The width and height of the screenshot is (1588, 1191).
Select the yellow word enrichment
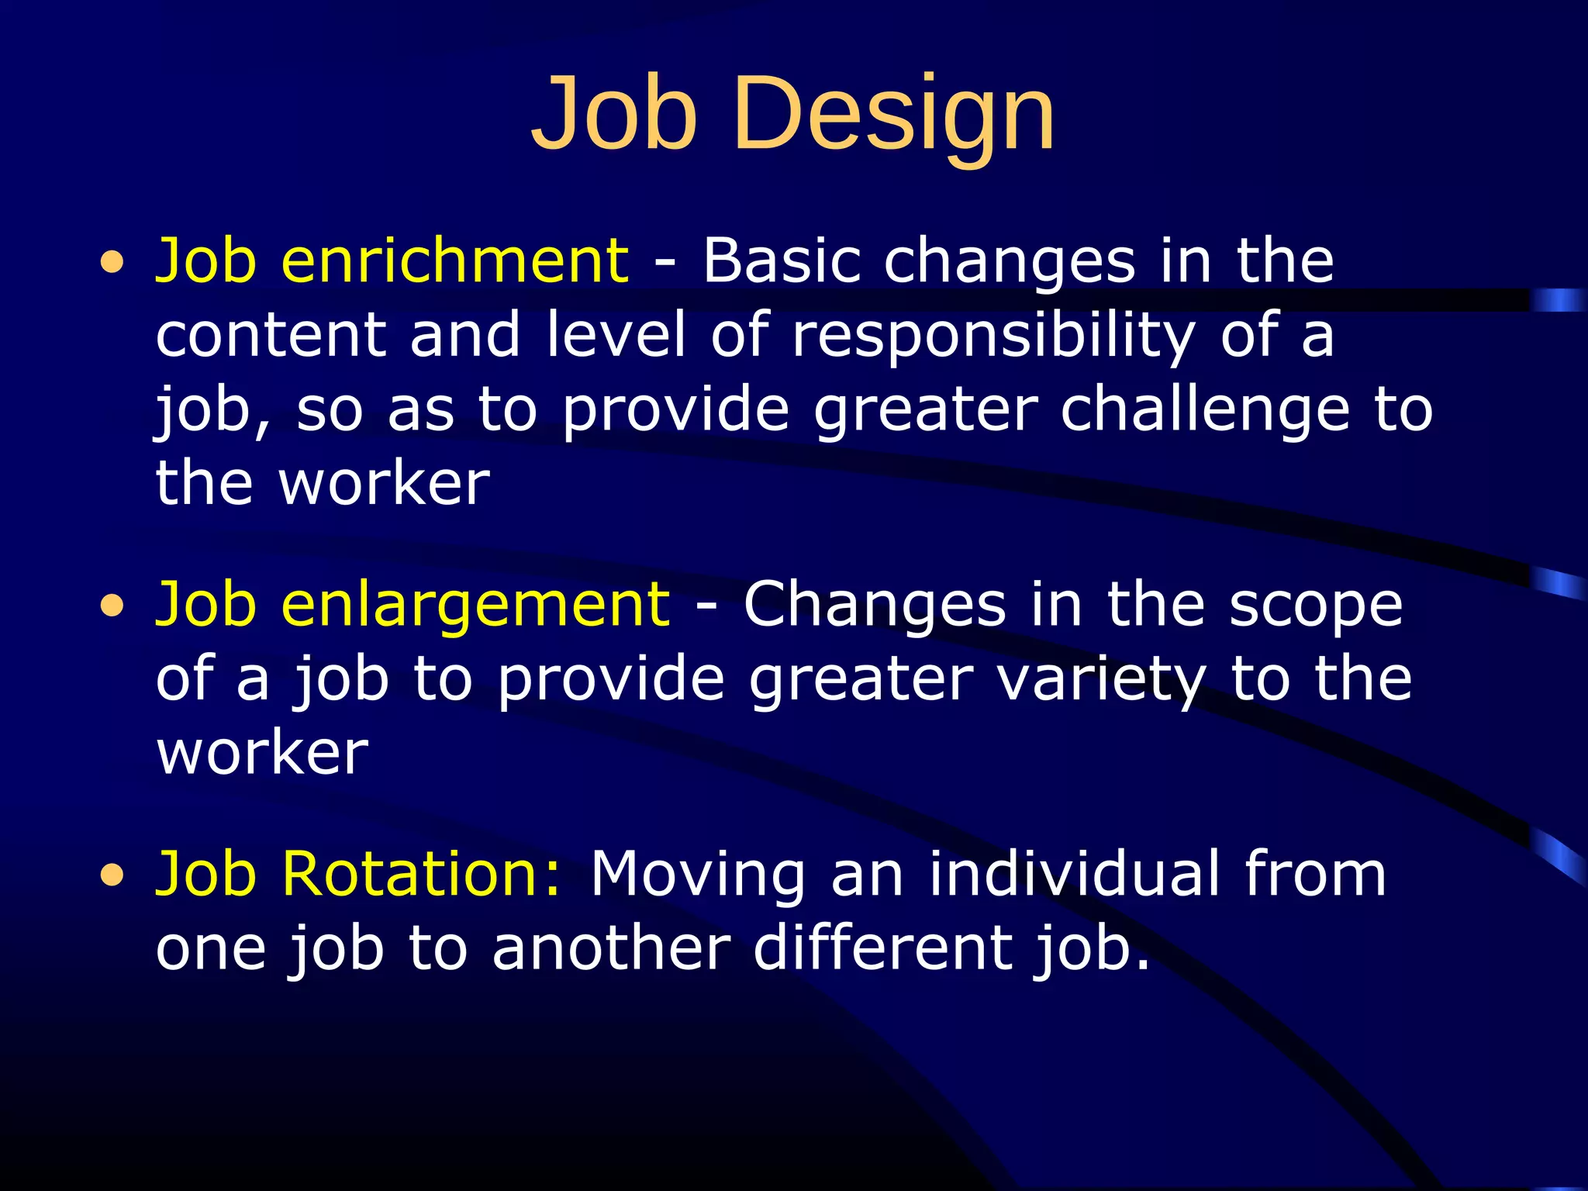[x=454, y=261]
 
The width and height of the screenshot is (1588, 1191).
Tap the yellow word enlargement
[x=475, y=606]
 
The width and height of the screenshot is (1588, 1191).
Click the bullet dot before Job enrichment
[x=112, y=263]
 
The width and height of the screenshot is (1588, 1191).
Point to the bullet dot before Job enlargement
[x=112, y=607]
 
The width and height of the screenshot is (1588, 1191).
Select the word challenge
[x=1205, y=410]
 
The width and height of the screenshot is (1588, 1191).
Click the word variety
[x=1100, y=680]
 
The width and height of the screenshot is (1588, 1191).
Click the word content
[x=271, y=337]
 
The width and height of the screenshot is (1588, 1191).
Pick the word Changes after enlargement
[x=874, y=606]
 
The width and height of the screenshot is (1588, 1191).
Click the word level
[x=616, y=335]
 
